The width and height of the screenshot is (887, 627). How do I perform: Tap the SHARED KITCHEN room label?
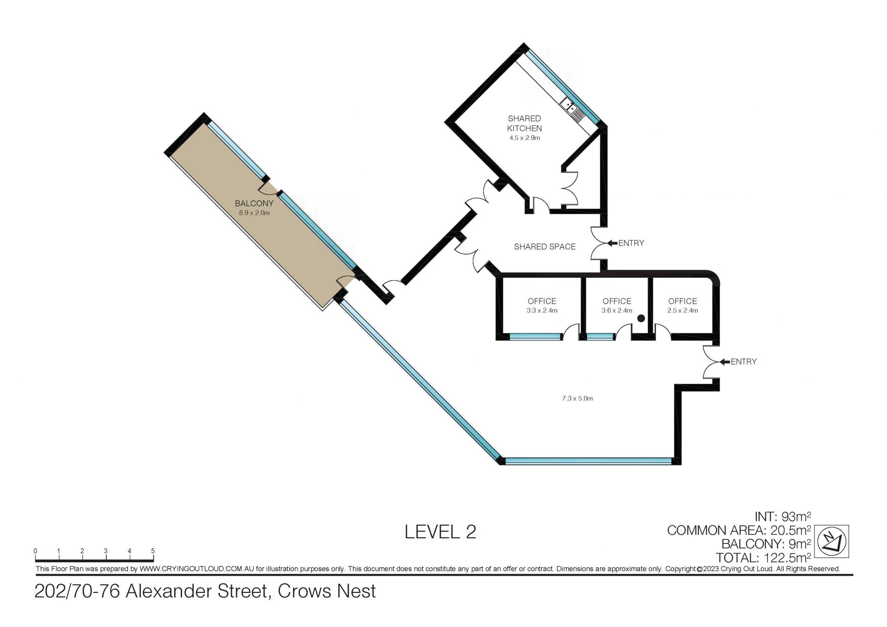point(524,123)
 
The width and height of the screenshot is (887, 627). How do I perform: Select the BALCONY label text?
point(254,203)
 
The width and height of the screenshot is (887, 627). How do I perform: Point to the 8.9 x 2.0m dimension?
point(254,213)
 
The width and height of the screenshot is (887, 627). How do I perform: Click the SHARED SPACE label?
point(545,247)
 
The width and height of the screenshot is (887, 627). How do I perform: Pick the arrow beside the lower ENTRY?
point(724,361)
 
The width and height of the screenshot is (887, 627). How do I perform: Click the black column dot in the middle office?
point(641,318)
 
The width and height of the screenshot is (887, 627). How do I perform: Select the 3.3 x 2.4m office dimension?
point(542,310)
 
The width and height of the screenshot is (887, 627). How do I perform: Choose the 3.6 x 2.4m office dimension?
point(617,310)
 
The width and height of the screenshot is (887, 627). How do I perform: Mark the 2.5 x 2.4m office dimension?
point(682,310)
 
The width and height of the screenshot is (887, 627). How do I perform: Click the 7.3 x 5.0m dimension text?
point(577,398)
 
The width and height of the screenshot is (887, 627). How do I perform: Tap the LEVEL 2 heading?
point(440,532)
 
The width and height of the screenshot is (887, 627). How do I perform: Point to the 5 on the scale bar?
point(153,551)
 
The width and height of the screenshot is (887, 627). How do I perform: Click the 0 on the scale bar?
point(36,551)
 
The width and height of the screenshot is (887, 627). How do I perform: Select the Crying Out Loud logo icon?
point(831,542)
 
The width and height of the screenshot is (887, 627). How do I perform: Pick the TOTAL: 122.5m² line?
point(764,558)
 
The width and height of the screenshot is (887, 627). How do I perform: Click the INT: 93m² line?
point(783,517)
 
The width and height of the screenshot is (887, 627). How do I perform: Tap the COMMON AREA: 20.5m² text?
point(739,530)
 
